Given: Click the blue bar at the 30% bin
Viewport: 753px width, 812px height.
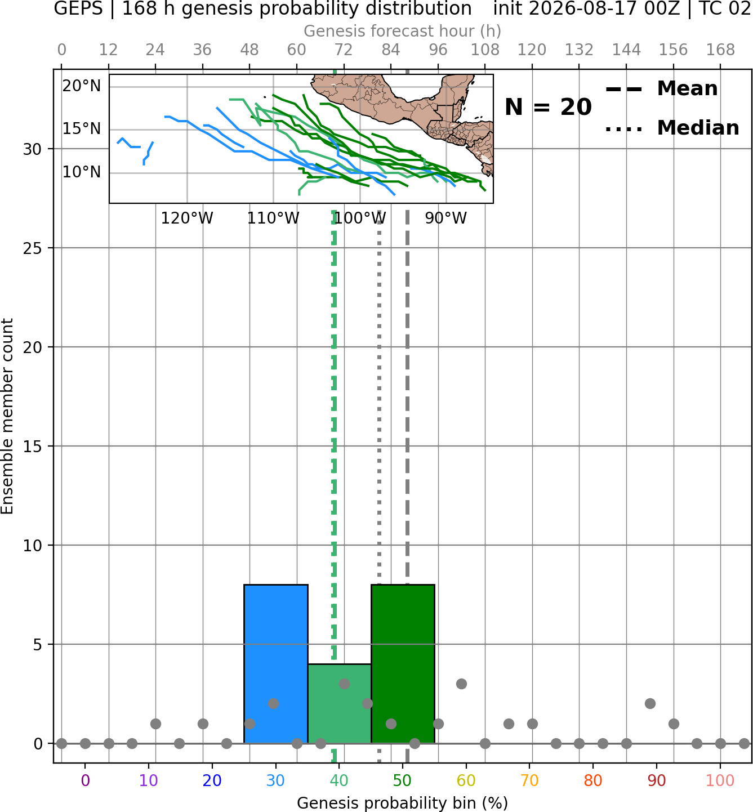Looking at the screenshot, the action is tap(275, 663).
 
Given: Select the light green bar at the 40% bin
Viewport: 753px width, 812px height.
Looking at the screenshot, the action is tap(339, 703).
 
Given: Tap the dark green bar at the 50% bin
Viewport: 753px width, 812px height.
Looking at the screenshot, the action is tap(403, 663).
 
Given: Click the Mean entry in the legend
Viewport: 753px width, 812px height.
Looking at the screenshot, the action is tap(661, 89).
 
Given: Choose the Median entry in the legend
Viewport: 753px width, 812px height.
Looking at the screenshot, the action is tap(672, 128).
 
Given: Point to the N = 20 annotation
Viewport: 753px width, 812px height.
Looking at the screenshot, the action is tap(548, 107).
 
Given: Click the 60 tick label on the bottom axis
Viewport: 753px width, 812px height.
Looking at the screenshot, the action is tap(466, 780).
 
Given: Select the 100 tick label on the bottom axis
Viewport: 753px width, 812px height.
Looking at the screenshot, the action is tap(720, 780).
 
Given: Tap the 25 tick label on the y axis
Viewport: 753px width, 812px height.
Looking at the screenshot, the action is tap(33, 248).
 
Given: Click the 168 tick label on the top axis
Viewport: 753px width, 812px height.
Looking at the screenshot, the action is tap(721, 50).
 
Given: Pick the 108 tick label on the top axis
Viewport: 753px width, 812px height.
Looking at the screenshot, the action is tap(485, 50).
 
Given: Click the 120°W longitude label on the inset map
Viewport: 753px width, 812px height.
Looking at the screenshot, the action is tap(187, 218).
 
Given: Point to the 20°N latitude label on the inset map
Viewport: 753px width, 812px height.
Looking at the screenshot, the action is tap(82, 86).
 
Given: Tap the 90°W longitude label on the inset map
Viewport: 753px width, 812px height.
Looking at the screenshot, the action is tap(446, 218).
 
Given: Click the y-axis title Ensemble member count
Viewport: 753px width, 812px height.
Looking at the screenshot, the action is tap(7, 416).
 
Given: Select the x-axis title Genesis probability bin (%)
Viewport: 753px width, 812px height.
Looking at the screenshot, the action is tap(403, 804).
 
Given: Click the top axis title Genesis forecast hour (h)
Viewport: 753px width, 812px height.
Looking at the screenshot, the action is tap(403, 32).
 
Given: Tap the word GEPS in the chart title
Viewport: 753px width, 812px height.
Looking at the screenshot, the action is tap(78, 9).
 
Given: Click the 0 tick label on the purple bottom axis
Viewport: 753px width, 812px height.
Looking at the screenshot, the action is tap(85, 780).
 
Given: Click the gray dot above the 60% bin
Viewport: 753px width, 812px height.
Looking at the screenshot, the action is tap(461, 684).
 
